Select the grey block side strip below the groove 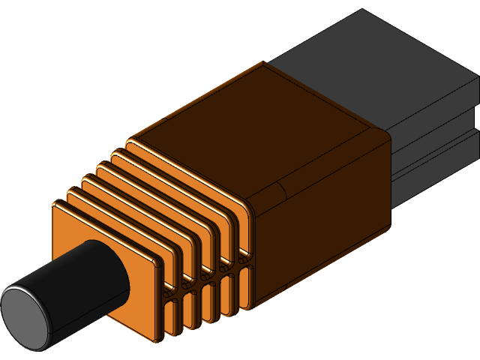point(435,176)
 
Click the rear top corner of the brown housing point(262,63)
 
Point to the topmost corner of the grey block point(363,10)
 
